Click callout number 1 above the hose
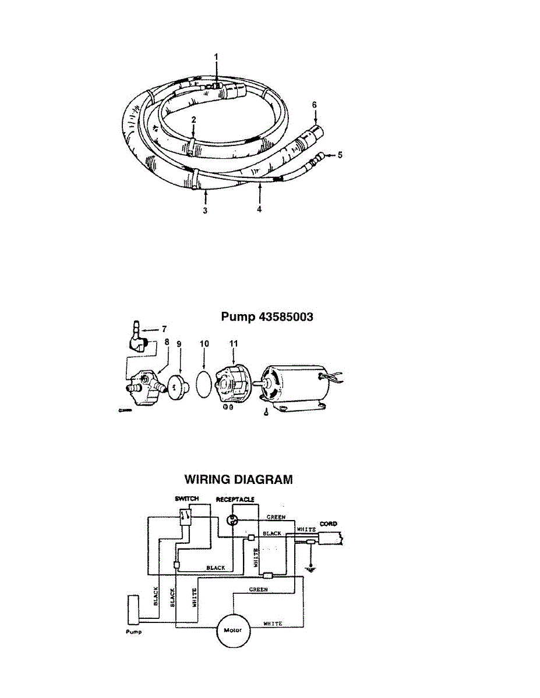(x=216, y=56)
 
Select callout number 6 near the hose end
(x=314, y=104)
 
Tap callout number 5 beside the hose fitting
(x=341, y=155)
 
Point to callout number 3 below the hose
(x=205, y=211)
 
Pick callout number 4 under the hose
(x=259, y=209)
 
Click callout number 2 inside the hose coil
(x=193, y=118)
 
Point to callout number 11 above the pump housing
(x=234, y=344)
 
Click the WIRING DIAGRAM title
(x=238, y=480)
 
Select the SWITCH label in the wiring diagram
(x=186, y=499)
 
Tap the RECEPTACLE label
(x=235, y=499)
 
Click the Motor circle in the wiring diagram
(x=232, y=630)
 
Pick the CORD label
(x=328, y=523)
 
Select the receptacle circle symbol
(x=233, y=521)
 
